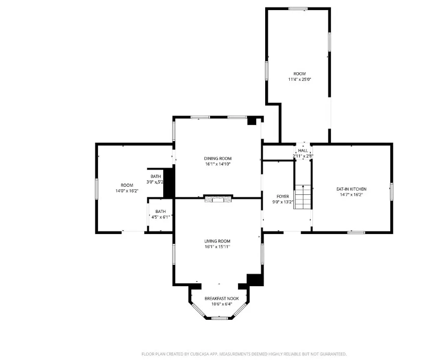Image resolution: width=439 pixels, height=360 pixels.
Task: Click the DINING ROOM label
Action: point(217,159)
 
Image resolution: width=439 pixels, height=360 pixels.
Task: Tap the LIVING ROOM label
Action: point(217,241)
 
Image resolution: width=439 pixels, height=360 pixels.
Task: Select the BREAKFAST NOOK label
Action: point(222,298)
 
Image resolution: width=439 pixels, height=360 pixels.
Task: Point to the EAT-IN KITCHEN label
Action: point(351,189)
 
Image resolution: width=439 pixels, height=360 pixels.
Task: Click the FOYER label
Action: point(282,196)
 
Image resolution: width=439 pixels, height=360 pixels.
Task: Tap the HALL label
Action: point(303,151)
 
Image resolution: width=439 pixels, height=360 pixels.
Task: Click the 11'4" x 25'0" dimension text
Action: point(299,79)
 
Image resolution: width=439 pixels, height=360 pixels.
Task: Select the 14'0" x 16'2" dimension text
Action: point(127,191)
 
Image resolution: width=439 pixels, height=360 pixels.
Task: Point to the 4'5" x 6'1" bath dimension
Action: point(160,217)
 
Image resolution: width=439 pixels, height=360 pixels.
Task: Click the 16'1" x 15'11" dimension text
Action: point(217,247)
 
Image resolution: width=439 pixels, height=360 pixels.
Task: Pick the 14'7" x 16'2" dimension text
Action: point(351,195)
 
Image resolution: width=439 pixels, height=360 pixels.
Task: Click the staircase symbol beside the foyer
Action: point(302,197)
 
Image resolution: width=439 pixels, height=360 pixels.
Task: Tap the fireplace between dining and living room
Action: point(218,199)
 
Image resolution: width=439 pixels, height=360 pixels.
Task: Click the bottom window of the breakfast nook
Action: point(219,318)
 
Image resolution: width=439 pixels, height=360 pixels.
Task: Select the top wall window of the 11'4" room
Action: point(298,9)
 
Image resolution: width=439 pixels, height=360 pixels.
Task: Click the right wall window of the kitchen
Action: point(391,192)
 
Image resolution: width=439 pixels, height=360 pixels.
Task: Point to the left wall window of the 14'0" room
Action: point(96,189)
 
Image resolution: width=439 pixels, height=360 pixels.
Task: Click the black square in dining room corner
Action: point(252,121)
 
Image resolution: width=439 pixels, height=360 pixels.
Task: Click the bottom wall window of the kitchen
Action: point(356,232)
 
